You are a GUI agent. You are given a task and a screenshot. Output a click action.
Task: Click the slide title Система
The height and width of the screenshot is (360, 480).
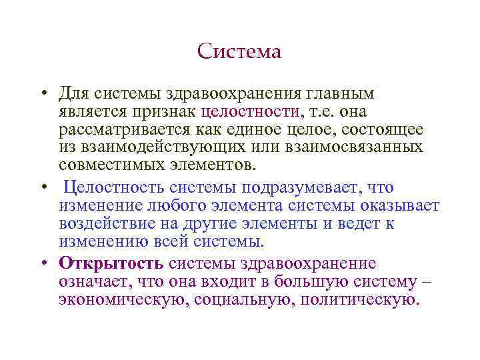pos(239,52)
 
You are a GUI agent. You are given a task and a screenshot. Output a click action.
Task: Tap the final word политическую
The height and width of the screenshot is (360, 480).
pos(361,299)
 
